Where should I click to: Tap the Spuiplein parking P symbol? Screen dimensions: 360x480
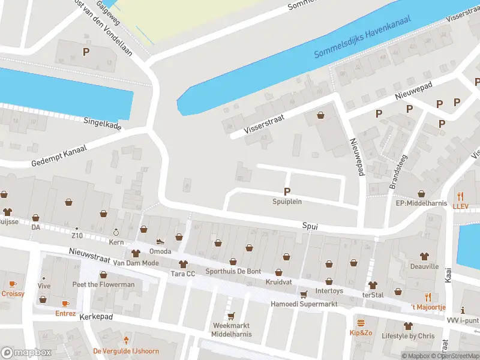click(287, 191)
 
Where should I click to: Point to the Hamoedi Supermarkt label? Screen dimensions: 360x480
click(304, 304)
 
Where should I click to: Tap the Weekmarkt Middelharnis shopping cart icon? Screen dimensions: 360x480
click(230, 316)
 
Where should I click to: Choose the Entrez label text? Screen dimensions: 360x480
click(65, 313)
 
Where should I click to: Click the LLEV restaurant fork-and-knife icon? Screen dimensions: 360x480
click(461, 196)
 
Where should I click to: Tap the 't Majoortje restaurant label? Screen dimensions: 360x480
click(427, 307)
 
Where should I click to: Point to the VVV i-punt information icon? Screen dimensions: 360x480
click(462, 310)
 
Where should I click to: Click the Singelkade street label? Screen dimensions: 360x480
click(103, 123)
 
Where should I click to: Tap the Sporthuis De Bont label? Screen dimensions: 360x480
click(233, 271)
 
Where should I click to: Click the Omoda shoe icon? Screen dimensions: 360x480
click(160, 241)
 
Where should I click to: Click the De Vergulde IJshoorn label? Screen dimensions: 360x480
click(125, 351)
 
